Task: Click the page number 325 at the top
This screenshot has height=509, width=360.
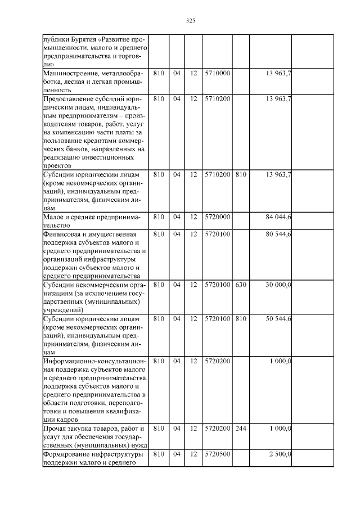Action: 190,21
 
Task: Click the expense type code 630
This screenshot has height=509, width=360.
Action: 240,285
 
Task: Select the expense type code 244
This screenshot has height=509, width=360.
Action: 240,429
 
